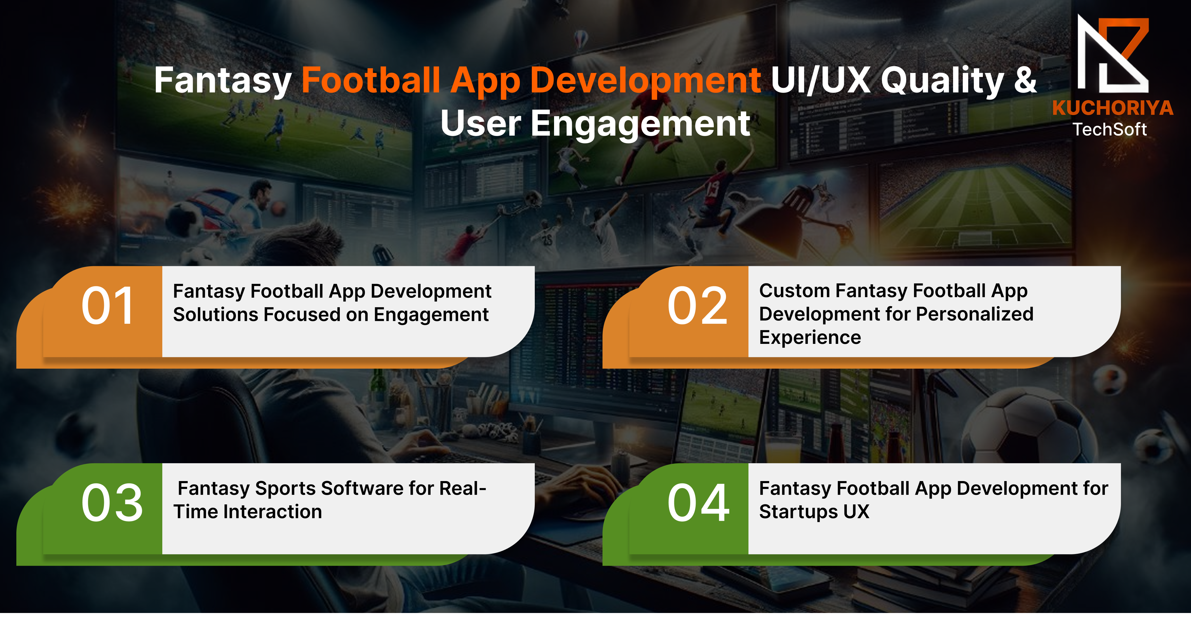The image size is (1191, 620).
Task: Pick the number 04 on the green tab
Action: (x=698, y=503)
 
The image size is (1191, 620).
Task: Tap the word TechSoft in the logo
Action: (x=1109, y=129)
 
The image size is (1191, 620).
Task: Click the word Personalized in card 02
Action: (x=975, y=314)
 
